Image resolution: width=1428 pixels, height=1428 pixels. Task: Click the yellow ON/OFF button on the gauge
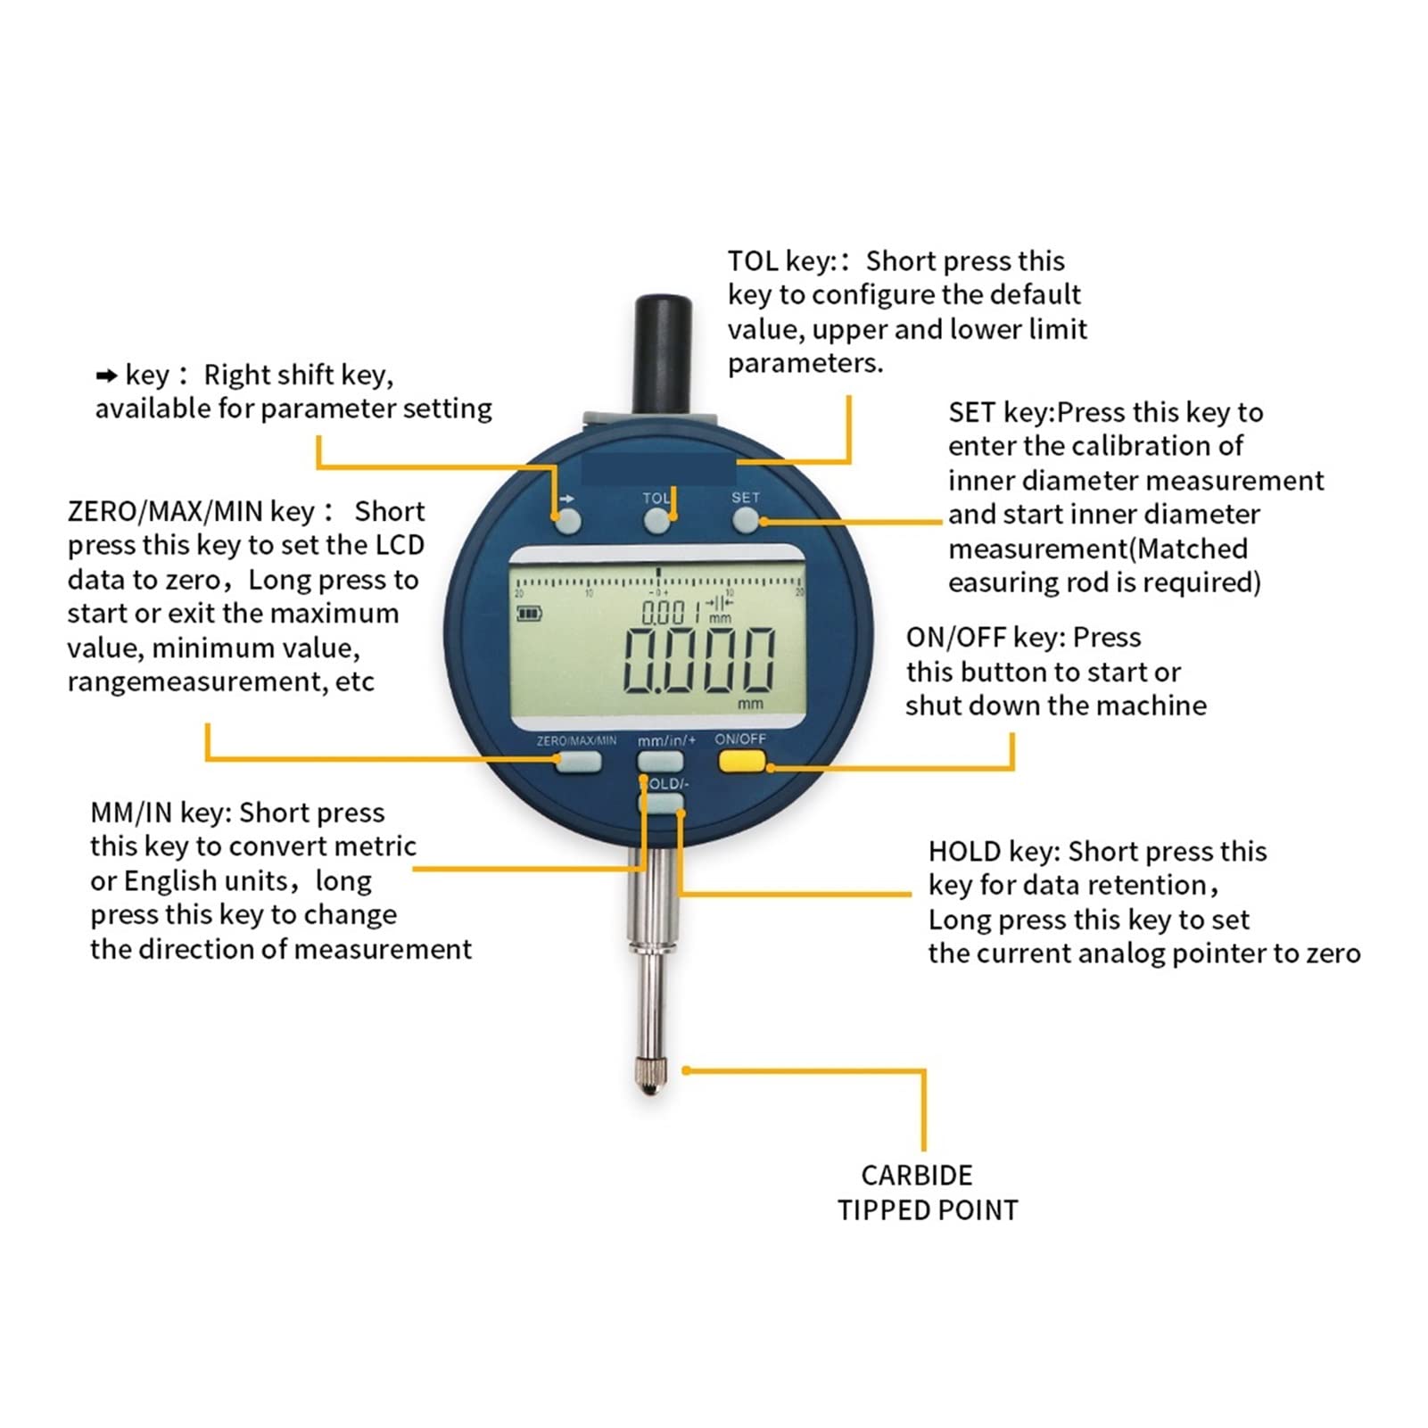[742, 761]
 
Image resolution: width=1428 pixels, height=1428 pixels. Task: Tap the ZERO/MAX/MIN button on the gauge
[579, 762]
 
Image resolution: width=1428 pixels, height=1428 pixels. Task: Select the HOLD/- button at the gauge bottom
[661, 804]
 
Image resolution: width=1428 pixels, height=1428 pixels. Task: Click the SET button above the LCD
[745, 520]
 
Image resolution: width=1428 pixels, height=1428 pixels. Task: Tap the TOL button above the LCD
[657, 521]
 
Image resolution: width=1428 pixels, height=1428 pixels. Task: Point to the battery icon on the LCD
[529, 613]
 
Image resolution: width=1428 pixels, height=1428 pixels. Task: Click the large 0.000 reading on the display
[698, 660]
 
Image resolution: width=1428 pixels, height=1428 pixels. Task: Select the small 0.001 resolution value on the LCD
[670, 612]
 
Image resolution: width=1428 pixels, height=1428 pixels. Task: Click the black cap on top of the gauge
[663, 354]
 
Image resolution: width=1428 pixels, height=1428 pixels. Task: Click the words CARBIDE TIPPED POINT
[927, 1193]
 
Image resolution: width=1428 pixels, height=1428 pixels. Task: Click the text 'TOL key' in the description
[779, 261]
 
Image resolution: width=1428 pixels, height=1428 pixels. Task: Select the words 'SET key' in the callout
[1000, 412]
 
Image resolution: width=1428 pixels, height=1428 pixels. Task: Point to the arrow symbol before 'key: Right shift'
[107, 376]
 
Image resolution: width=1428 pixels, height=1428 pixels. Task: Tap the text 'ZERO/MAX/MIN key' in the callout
[191, 512]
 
